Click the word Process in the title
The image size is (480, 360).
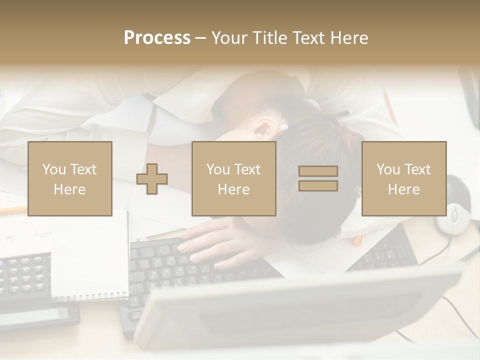[157, 38]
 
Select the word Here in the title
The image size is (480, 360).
[349, 38]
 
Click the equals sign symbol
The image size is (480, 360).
[318, 178]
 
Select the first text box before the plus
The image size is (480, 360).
[70, 178]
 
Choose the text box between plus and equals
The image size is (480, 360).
[234, 178]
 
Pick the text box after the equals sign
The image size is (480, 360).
[404, 178]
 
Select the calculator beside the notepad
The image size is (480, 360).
[25, 280]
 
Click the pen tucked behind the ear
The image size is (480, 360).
[283, 128]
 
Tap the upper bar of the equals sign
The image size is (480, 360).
[318, 171]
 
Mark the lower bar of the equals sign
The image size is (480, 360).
[318, 185]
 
